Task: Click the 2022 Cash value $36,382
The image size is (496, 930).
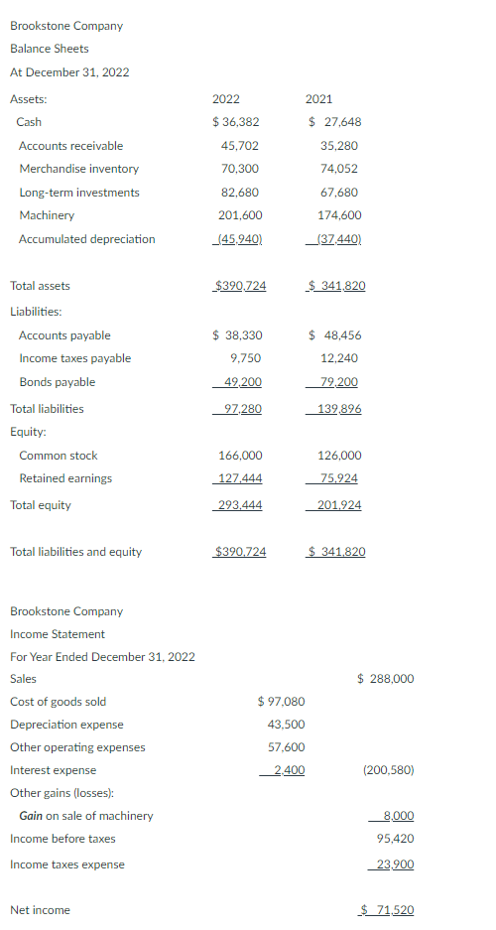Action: click(x=236, y=122)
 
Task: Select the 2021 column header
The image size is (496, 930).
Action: click(x=319, y=99)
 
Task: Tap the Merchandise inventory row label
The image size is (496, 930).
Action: click(x=79, y=169)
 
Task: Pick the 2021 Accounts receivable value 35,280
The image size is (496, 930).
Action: click(x=339, y=146)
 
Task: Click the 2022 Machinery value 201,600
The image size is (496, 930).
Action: click(x=240, y=215)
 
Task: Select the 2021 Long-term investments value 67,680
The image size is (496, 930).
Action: click(x=339, y=193)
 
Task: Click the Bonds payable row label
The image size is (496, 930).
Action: click(x=58, y=382)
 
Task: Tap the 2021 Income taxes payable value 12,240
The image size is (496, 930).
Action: click(x=339, y=358)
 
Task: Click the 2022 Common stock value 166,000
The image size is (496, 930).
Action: click(x=240, y=456)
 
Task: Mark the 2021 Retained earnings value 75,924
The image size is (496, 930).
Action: click(x=338, y=478)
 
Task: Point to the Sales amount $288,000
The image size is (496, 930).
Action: click(x=386, y=679)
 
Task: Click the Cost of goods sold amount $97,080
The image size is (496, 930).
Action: click(x=281, y=702)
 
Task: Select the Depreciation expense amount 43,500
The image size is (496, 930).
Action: click(x=287, y=725)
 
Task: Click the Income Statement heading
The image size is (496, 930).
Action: click(x=58, y=634)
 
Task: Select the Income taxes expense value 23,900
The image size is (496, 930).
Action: click(x=395, y=864)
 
